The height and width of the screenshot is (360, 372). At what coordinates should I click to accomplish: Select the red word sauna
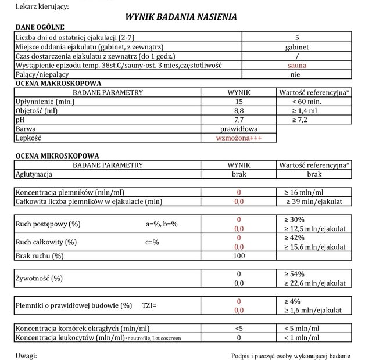pyautogui.click(x=297, y=66)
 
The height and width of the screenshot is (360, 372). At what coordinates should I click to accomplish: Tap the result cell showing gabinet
pyautogui.click(x=297, y=47)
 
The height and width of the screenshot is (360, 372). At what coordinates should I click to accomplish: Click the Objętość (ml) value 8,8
pyautogui.click(x=238, y=110)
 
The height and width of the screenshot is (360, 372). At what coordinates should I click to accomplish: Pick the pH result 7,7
pyautogui.click(x=238, y=119)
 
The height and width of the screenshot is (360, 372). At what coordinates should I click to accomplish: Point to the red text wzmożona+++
pyautogui.click(x=238, y=138)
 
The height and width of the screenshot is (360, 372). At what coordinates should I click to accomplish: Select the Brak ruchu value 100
pyautogui.click(x=238, y=255)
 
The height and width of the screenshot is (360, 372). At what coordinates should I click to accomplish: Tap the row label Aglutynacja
pyautogui.click(x=34, y=174)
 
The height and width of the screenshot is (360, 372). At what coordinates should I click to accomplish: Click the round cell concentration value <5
pyautogui.click(x=238, y=328)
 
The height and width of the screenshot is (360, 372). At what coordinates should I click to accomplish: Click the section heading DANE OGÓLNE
pyautogui.click(x=39, y=27)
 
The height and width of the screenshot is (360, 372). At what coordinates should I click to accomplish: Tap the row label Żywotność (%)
pyautogui.click(x=39, y=278)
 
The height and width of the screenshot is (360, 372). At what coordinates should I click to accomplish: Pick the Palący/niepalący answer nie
pyautogui.click(x=297, y=75)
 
